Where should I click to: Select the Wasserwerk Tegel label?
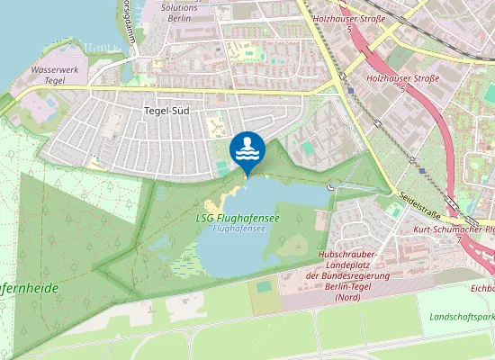55,74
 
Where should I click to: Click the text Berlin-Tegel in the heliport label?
347,286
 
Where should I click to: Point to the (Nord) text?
347,297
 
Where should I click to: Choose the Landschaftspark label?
461,319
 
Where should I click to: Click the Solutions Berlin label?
178,12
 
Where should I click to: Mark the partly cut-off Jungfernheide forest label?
29,288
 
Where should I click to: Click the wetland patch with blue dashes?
184,267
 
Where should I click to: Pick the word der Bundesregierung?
347,276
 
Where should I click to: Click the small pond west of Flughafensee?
165,242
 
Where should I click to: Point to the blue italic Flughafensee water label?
238,229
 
